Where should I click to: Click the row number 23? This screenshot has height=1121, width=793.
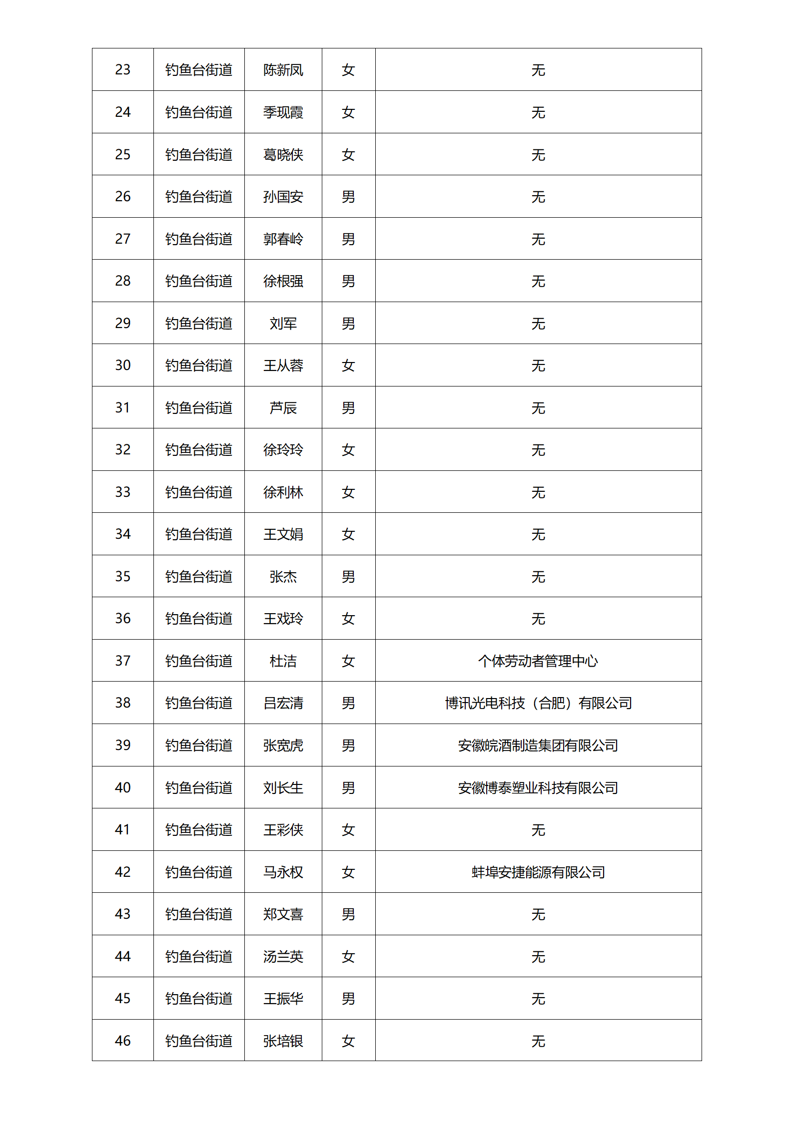click(122, 69)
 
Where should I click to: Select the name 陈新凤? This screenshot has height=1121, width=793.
click(283, 70)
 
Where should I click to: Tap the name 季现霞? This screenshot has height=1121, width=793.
click(283, 112)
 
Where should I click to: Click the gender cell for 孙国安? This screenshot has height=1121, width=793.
click(348, 197)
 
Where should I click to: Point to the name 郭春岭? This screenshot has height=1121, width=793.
click(283, 239)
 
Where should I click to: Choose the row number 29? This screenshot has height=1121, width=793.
click(122, 323)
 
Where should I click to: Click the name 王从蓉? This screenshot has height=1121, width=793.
click(283, 366)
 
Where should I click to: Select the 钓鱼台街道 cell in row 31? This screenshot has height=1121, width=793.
click(199, 408)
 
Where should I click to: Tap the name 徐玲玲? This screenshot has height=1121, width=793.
click(283, 450)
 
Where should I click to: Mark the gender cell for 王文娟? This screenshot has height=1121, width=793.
click(348, 534)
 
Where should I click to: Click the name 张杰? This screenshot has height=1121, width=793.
click(283, 577)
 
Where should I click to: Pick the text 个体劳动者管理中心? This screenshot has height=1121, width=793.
click(538, 661)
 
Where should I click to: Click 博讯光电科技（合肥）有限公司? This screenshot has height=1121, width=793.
click(538, 703)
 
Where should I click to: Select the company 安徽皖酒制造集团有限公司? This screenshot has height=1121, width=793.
click(538, 746)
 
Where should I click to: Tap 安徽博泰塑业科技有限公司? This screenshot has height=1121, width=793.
click(538, 788)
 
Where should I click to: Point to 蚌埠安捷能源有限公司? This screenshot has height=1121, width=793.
click(538, 872)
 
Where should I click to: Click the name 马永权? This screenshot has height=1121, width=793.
click(283, 872)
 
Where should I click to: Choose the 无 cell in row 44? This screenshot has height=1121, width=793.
click(538, 957)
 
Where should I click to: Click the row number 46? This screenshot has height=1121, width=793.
click(122, 1041)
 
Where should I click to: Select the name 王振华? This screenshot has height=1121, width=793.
click(283, 999)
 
